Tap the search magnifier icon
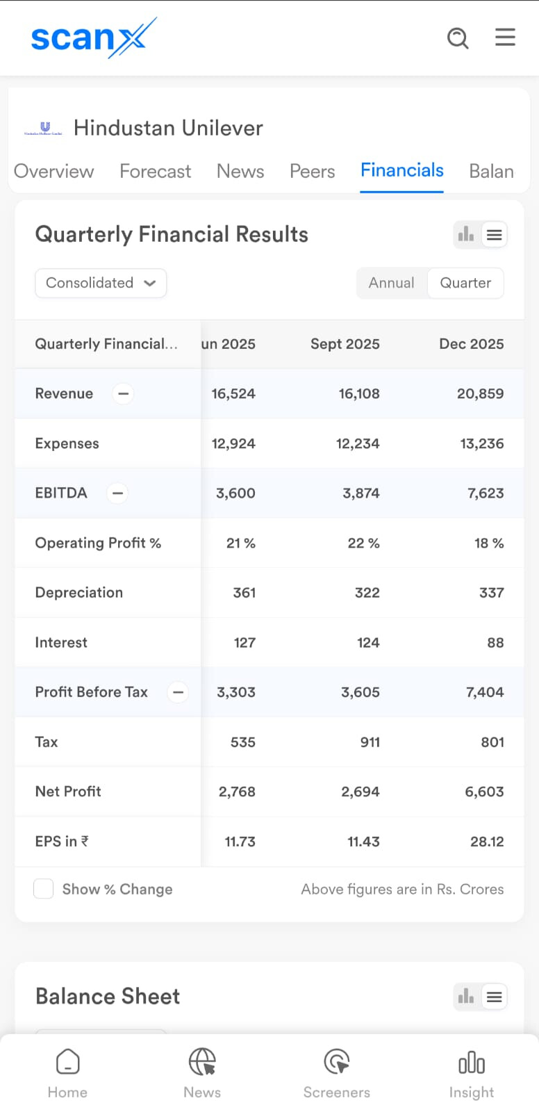click(458, 38)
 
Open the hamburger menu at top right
click(505, 37)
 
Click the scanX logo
click(94, 38)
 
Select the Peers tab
click(312, 171)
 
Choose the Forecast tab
click(155, 171)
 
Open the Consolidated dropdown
click(101, 283)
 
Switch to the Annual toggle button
click(391, 283)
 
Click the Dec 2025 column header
click(471, 344)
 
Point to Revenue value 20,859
click(480, 393)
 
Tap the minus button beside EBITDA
click(117, 493)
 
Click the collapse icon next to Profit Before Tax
click(178, 692)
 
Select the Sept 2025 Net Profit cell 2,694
click(360, 792)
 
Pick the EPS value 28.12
click(487, 842)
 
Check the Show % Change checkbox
click(44, 889)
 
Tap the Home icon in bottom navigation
click(67, 1071)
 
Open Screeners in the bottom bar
click(337, 1071)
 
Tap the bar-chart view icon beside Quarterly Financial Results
click(466, 235)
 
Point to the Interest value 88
click(495, 643)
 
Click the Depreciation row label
click(79, 593)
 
